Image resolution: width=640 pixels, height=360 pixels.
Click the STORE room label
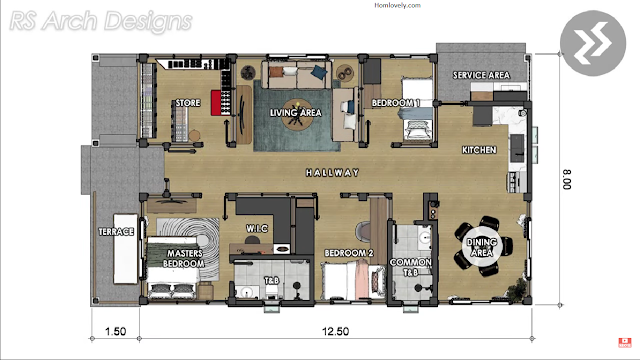(188, 103)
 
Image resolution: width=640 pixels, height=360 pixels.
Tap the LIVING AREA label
(296, 113)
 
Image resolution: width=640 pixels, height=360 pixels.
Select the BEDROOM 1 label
(396, 103)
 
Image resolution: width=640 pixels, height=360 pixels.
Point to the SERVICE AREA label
(481, 75)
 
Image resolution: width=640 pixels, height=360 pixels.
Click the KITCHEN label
(479, 150)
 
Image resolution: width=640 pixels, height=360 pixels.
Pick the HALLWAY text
(333, 173)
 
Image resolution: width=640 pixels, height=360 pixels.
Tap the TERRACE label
(116, 232)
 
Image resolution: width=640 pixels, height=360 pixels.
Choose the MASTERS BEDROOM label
(184, 258)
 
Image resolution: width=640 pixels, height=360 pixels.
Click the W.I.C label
(257, 229)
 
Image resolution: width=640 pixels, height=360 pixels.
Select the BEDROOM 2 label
(349, 253)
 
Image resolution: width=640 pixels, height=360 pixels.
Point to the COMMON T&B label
(411, 267)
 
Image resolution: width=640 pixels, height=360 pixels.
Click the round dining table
(482, 247)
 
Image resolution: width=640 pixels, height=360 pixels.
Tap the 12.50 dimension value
(336, 331)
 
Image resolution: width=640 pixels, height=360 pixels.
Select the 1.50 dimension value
(116, 331)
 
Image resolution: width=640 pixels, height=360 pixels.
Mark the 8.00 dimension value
(567, 180)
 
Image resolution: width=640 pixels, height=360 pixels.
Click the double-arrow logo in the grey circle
(593, 44)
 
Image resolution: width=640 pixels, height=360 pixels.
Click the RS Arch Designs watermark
(100, 21)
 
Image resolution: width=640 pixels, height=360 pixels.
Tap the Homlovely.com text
(397, 5)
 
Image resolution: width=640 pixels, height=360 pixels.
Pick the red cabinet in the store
(216, 102)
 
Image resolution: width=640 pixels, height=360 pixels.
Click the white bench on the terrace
(125, 249)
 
